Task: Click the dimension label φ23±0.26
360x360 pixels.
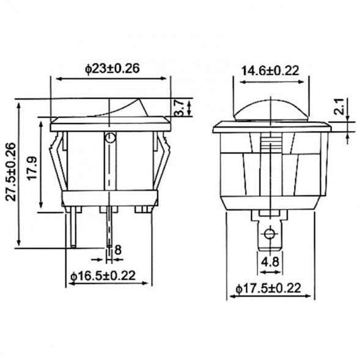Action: tap(112, 69)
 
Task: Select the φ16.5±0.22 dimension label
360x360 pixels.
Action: tap(102, 276)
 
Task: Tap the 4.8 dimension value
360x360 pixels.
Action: tap(270, 263)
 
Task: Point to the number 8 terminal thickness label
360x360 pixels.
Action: tap(118, 249)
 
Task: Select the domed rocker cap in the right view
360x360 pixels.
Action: tap(270, 111)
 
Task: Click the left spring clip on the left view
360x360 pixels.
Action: tap(59, 162)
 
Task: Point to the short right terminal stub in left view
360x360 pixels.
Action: tap(145, 210)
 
